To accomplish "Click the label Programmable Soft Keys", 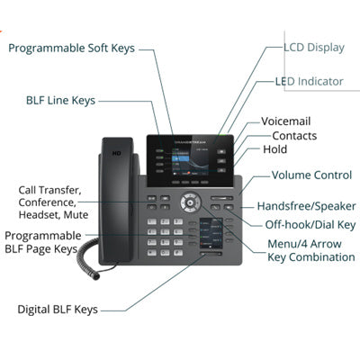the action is point(71,49).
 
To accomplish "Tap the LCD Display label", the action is point(314,48).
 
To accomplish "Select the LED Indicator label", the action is point(310,81).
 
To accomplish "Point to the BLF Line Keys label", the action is point(60,101).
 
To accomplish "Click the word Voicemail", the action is point(285,121).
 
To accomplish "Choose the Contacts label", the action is point(294,136).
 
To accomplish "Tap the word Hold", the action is point(274,149).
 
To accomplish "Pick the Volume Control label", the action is point(311,175).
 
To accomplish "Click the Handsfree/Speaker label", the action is point(306,206).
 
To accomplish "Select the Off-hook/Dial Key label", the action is point(310,225).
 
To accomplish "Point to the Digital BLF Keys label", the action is point(58,310).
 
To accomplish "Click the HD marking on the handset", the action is point(116,154).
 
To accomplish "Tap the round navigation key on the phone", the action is point(190,202).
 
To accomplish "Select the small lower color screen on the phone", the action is point(211,233).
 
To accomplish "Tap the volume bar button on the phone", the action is point(221,198).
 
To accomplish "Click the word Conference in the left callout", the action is point(48,202).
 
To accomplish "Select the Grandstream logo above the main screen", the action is point(190,142).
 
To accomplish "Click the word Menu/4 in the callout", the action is point(283,244).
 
